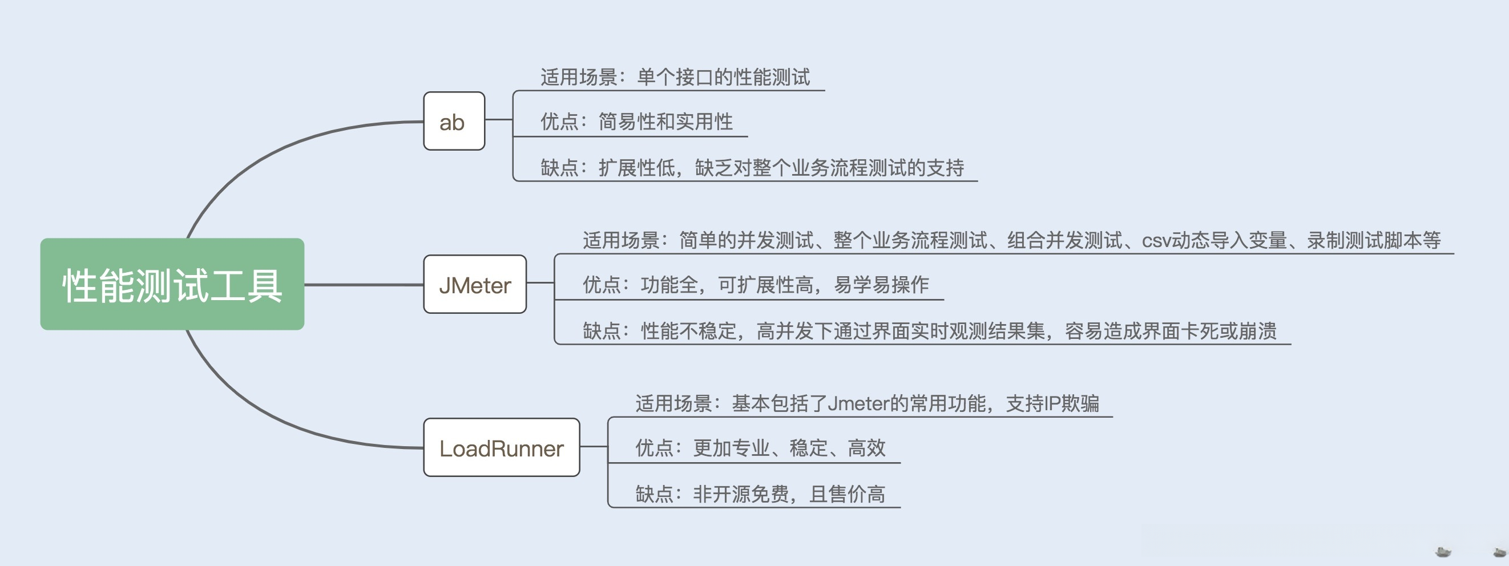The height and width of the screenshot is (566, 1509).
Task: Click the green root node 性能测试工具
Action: click(172, 284)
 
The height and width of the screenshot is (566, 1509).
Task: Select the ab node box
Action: click(454, 121)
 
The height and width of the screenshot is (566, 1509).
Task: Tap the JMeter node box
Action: click(475, 284)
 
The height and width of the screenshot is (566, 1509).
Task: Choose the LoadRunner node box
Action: click(502, 447)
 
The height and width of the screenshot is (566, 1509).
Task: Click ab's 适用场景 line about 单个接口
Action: click(675, 77)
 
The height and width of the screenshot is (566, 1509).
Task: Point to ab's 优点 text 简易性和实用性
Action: click(665, 122)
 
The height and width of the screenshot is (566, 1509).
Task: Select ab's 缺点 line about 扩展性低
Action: click(752, 168)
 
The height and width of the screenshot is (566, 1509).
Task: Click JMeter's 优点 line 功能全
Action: click(756, 285)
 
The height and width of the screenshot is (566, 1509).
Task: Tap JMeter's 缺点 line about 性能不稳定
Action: click(930, 331)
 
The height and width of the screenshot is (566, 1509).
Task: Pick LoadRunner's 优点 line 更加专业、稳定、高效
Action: click(760, 448)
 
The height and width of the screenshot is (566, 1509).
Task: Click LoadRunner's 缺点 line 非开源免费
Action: click(760, 494)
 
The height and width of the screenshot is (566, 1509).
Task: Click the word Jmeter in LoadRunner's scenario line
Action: click(858, 404)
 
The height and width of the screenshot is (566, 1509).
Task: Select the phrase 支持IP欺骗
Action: click(1052, 404)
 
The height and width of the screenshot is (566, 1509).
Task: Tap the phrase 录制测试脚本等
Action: click(1374, 240)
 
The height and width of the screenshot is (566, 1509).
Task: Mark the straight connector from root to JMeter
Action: click(364, 285)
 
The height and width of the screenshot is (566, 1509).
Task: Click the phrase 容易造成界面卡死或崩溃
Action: click(1171, 331)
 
